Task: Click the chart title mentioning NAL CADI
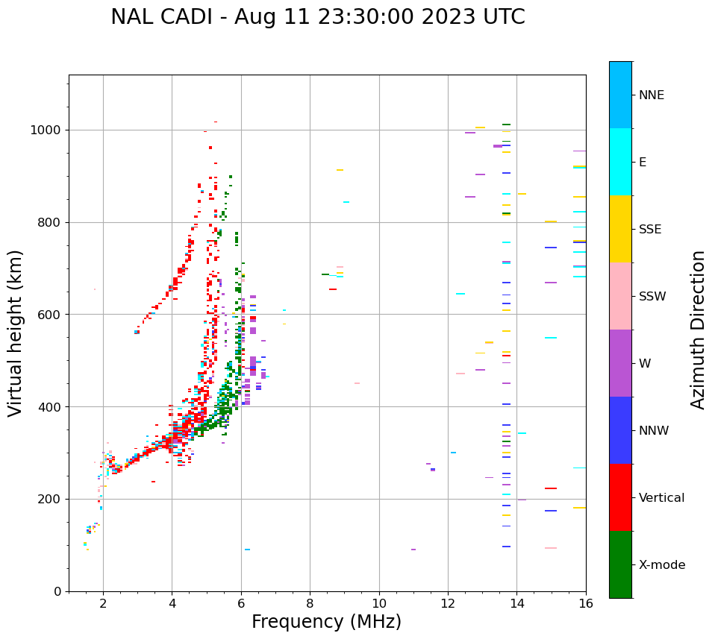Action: pos(317,17)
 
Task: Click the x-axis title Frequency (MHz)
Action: pos(326,622)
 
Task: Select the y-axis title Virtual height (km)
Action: pos(16,333)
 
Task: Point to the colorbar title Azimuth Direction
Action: pos(698,330)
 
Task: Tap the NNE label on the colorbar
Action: pos(651,95)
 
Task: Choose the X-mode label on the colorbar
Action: pos(661,565)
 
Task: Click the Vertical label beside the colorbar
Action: pos(661,498)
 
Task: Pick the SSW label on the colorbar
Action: pos(652,297)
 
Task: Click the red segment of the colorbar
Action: pos(620,497)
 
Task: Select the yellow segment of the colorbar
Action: pos(620,229)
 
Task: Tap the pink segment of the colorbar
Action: pos(620,296)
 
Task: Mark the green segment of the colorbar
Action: pos(620,564)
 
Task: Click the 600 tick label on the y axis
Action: pos(51,315)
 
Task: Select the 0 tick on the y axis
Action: pos(58,591)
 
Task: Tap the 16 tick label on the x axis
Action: pos(586,604)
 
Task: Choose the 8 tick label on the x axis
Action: pos(310,604)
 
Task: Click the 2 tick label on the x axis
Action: pos(103,604)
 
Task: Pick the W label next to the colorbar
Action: pos(644,364)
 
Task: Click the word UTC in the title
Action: pos(502,17)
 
